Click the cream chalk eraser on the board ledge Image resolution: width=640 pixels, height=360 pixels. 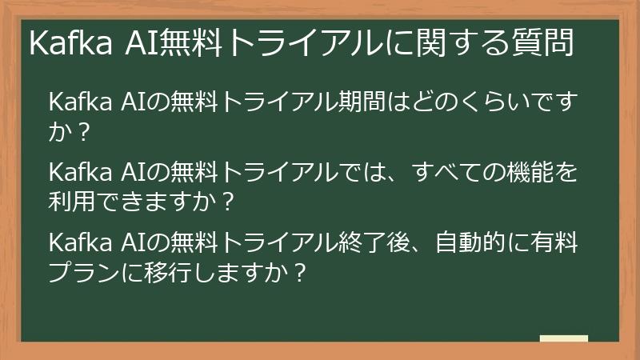[563, 338]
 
